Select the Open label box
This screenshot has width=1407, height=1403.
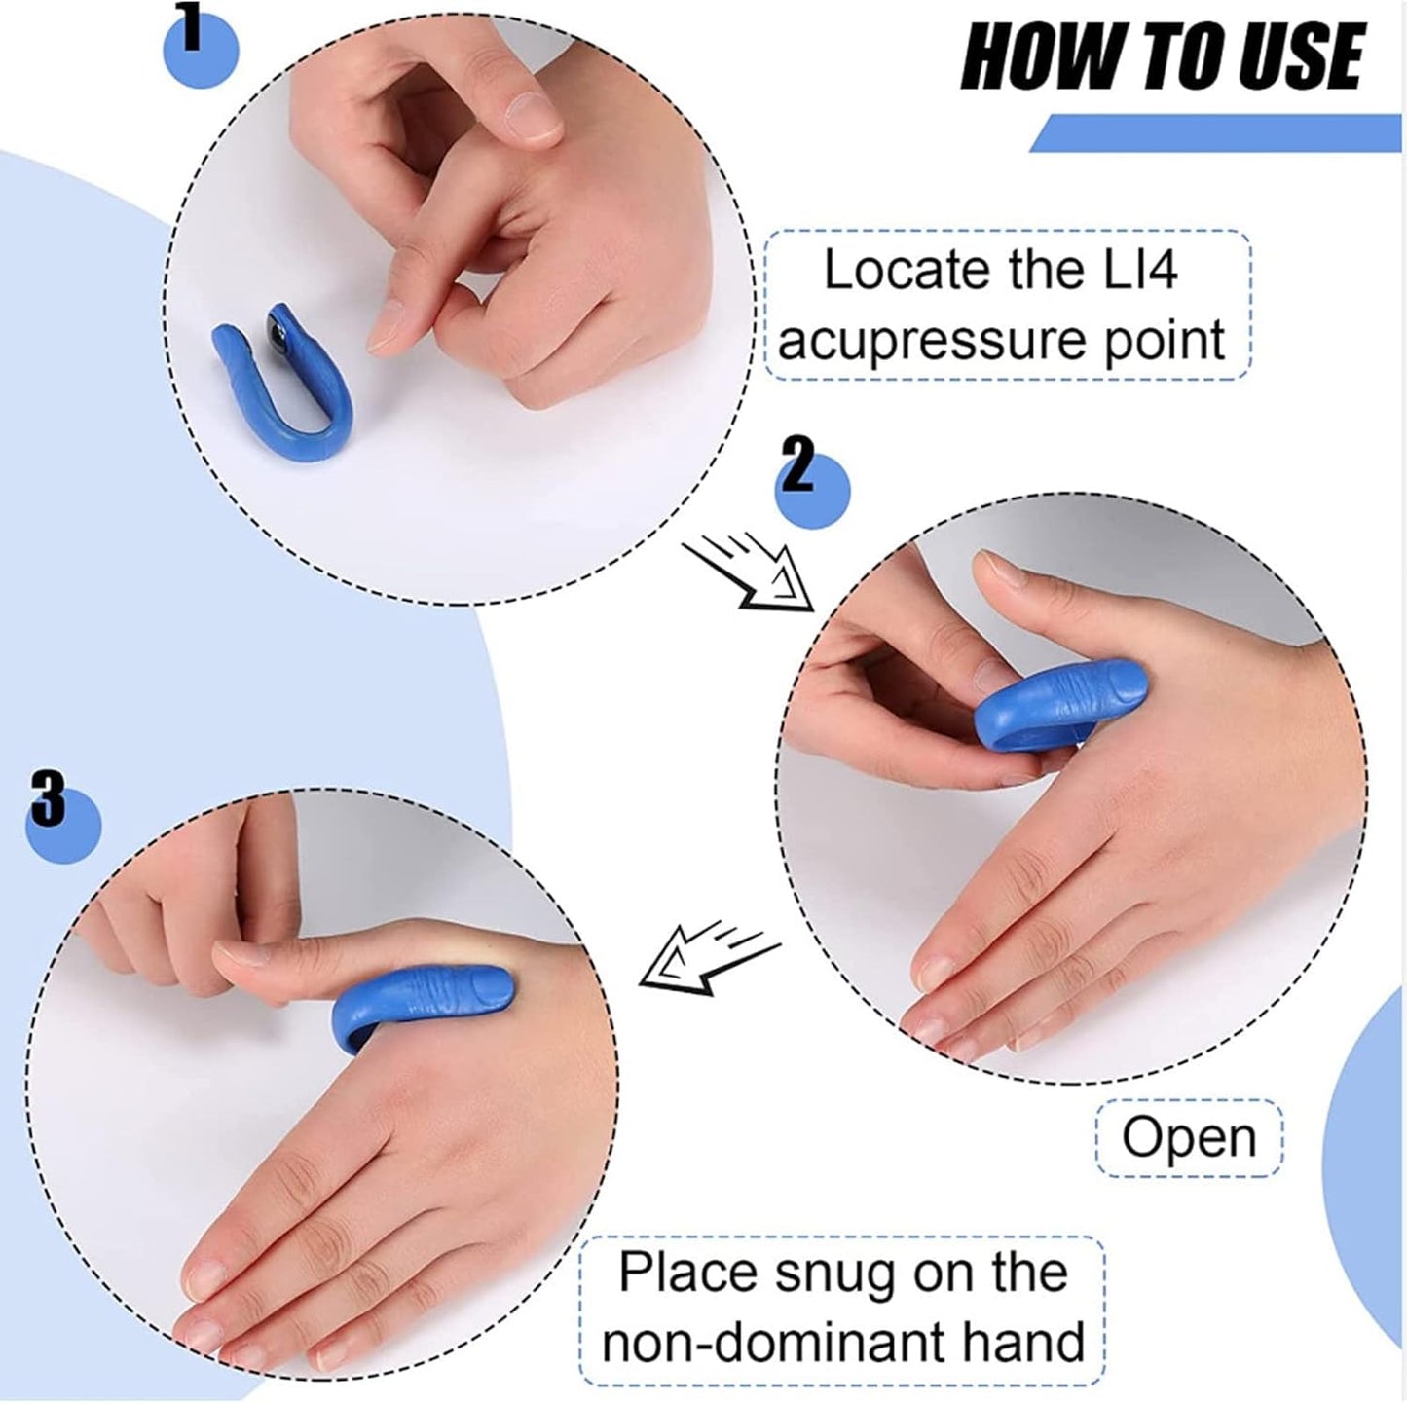[x=1189, y=1137]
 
